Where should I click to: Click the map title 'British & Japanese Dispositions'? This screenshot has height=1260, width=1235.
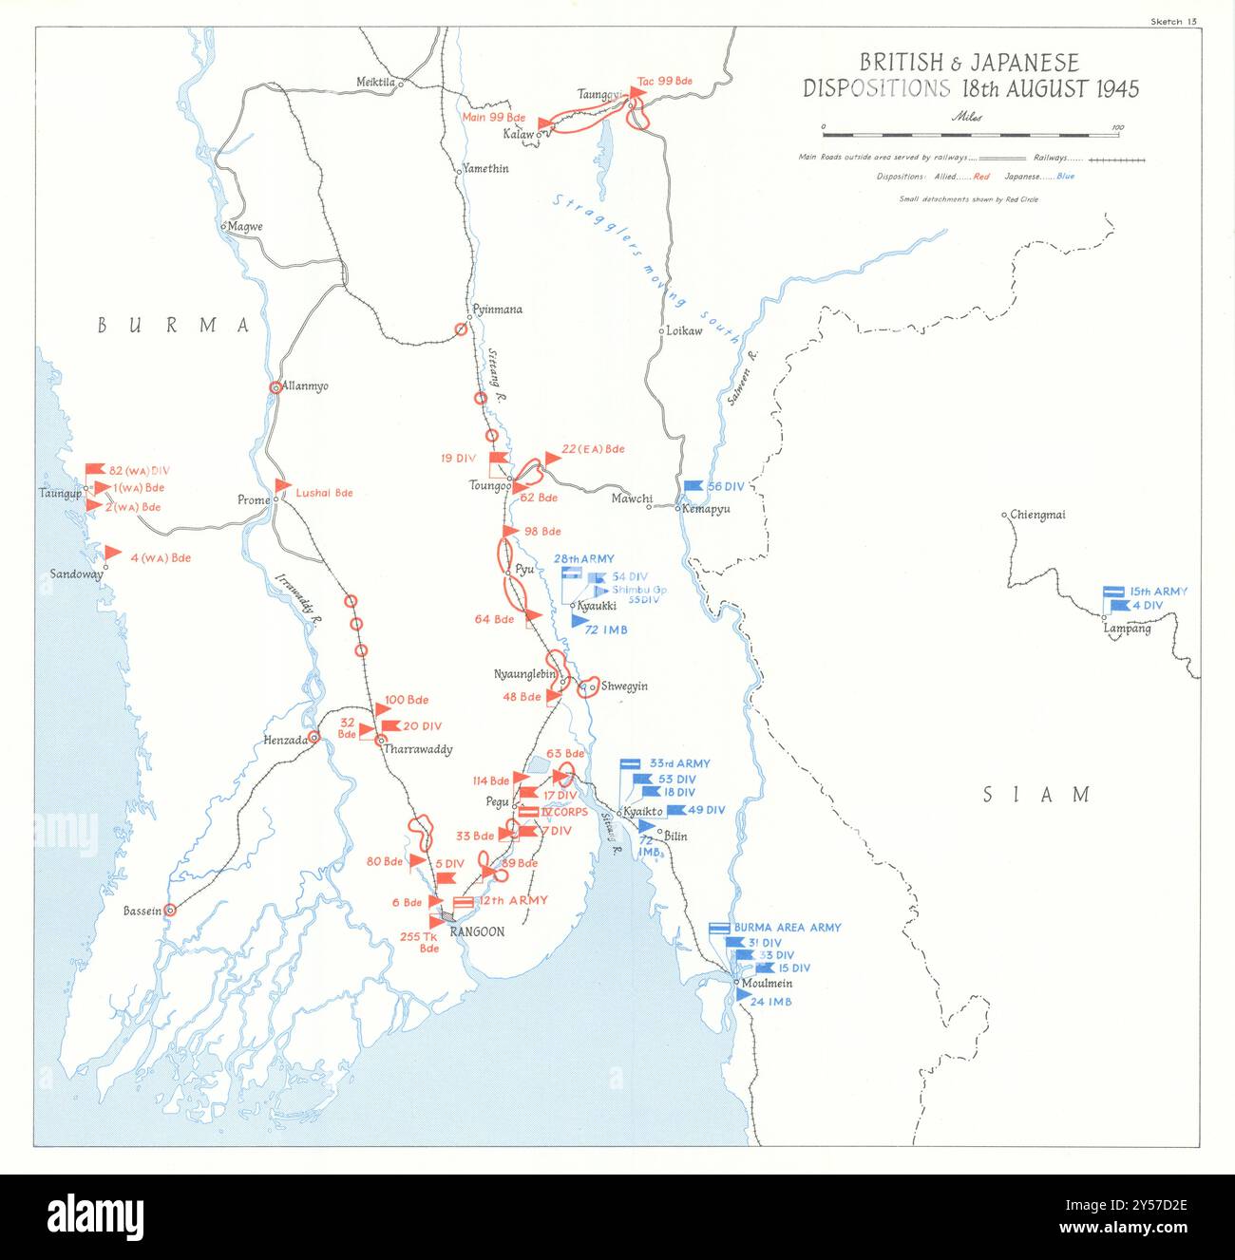970,76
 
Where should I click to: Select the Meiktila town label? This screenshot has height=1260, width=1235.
375,82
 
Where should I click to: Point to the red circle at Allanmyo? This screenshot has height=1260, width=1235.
275,387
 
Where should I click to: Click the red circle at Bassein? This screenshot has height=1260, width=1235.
170,910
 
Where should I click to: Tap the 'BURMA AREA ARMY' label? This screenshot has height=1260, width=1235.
787,928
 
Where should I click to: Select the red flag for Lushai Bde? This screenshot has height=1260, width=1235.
282,487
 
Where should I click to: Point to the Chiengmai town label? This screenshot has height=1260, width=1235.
1037,515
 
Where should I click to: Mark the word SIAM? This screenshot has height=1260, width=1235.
1036,795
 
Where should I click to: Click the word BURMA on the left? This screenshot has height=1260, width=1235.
174,326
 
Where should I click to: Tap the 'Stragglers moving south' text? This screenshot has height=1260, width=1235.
646,268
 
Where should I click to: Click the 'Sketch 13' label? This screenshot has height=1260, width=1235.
1172,20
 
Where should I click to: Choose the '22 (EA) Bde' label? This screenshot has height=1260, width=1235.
593,449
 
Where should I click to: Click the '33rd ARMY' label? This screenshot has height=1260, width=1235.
679,763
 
